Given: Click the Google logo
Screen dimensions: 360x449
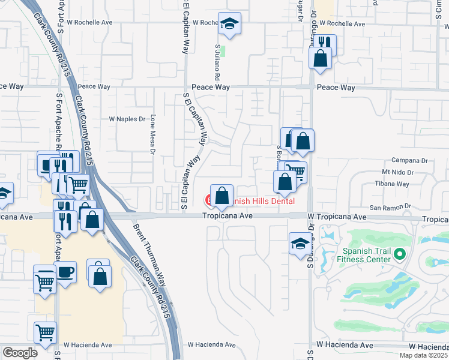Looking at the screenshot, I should (20, 352).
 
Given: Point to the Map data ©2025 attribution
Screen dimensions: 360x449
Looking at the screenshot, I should (424, 355).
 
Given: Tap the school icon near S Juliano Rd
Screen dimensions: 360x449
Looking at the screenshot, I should (229, 23).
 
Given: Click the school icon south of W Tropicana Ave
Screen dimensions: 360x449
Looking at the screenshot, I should (300, 244).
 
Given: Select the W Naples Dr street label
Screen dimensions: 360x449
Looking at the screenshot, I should (127, 119).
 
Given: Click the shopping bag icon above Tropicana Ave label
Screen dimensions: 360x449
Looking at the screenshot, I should (221, 196).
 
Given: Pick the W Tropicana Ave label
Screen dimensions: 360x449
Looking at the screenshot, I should (336, 216).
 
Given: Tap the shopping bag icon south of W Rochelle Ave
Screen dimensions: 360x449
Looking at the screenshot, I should (320, 59).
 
